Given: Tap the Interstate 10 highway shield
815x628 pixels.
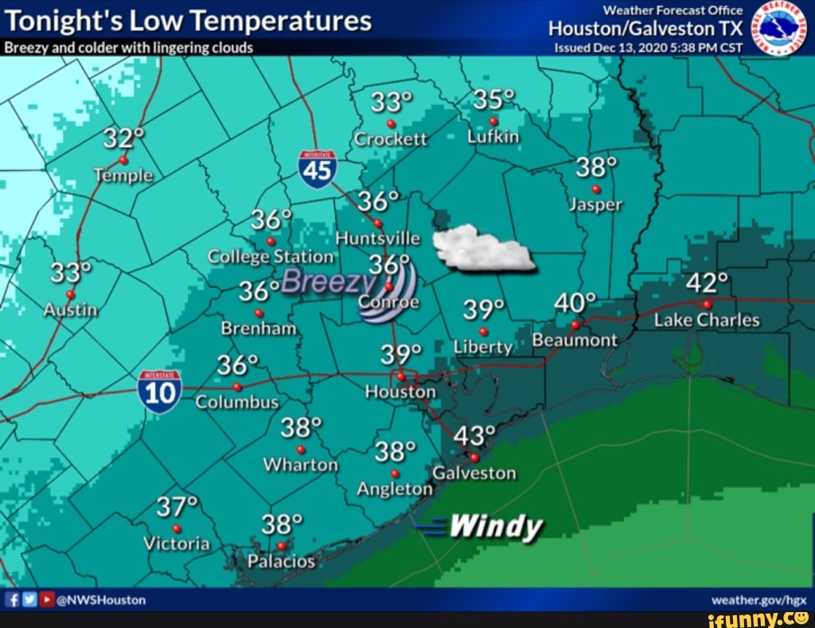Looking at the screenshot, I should click(159, 392).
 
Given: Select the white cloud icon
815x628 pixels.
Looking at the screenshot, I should click(482, 248).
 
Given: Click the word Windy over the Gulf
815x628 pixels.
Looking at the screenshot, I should click(496, 526).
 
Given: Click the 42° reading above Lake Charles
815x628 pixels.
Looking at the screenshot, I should click(707, 283).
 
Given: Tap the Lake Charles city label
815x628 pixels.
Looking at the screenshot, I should click(707, 320).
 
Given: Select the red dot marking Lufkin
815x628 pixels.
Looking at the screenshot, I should click(493, 121).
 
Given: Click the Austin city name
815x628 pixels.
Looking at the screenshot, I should click(70, 310).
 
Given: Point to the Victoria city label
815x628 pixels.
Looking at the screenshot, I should click(177, 544).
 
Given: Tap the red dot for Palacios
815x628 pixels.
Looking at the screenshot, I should click(281, 546).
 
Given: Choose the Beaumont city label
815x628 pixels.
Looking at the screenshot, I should click(575, 340).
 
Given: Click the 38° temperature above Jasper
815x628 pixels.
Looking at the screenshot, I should click(596, 169).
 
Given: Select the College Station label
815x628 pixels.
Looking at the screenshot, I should click(271, 256).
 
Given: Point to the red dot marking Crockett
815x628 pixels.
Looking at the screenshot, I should click(391, 124).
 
